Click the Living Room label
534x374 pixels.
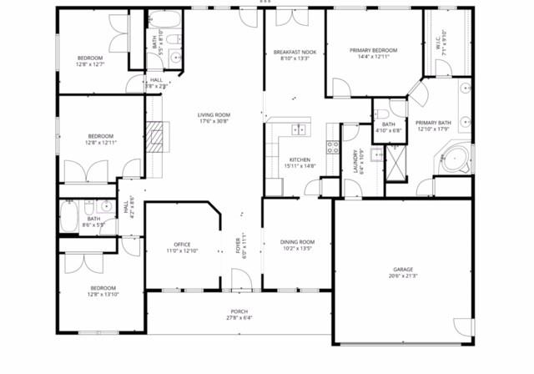pos(214,114)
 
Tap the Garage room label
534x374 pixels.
pos(402,270)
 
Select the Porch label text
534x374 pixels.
pos(239,311)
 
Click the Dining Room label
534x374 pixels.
pos(298,242)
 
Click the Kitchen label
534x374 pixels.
pos(300,159)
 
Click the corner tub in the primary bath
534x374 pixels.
pos(455,158)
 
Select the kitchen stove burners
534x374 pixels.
pos(333,148)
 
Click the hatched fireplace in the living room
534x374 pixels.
pos(153,136)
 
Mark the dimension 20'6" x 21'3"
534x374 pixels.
pos(402,276)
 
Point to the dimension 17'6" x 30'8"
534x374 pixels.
pos(214,121)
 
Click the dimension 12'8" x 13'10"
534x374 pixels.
pos(103,295)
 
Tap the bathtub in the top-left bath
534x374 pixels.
pos(159,19)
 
